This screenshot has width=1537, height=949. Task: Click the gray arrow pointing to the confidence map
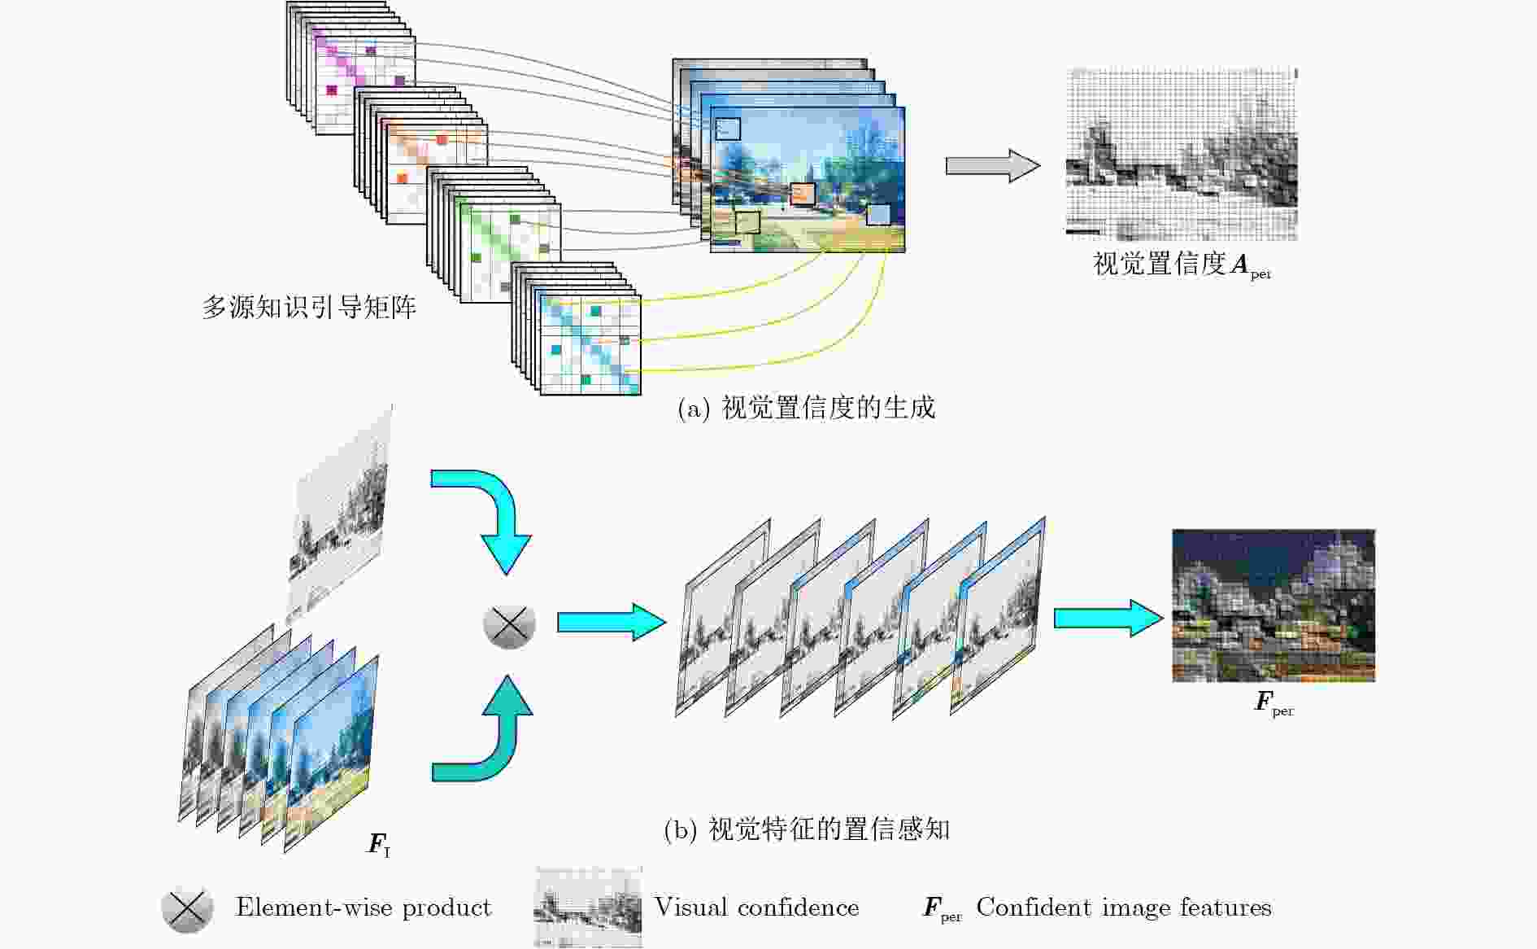coord(993,166)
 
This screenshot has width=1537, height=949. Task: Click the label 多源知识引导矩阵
coord(309,308)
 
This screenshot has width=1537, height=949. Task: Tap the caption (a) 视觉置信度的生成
coord(807,408)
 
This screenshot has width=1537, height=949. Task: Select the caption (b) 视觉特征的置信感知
coord(807,829)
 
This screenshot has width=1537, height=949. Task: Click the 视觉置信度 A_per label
coord(1182,265)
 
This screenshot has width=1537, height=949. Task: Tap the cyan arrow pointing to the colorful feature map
coord(1108,618)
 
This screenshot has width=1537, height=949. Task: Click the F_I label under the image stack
coord(379,845)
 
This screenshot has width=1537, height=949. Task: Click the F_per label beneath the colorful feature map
coord(1274,703)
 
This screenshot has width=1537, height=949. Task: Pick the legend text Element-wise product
coord(364,907)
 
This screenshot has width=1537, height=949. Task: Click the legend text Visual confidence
coord(756,907)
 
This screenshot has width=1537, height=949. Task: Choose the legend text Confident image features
coord(1124,907)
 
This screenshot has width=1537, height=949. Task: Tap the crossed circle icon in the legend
coord(188,908)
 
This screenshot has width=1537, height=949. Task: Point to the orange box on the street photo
coord(803,194)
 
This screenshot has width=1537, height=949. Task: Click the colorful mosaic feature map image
coord(1274,606)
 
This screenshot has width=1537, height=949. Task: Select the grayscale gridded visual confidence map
coord(1182,154)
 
